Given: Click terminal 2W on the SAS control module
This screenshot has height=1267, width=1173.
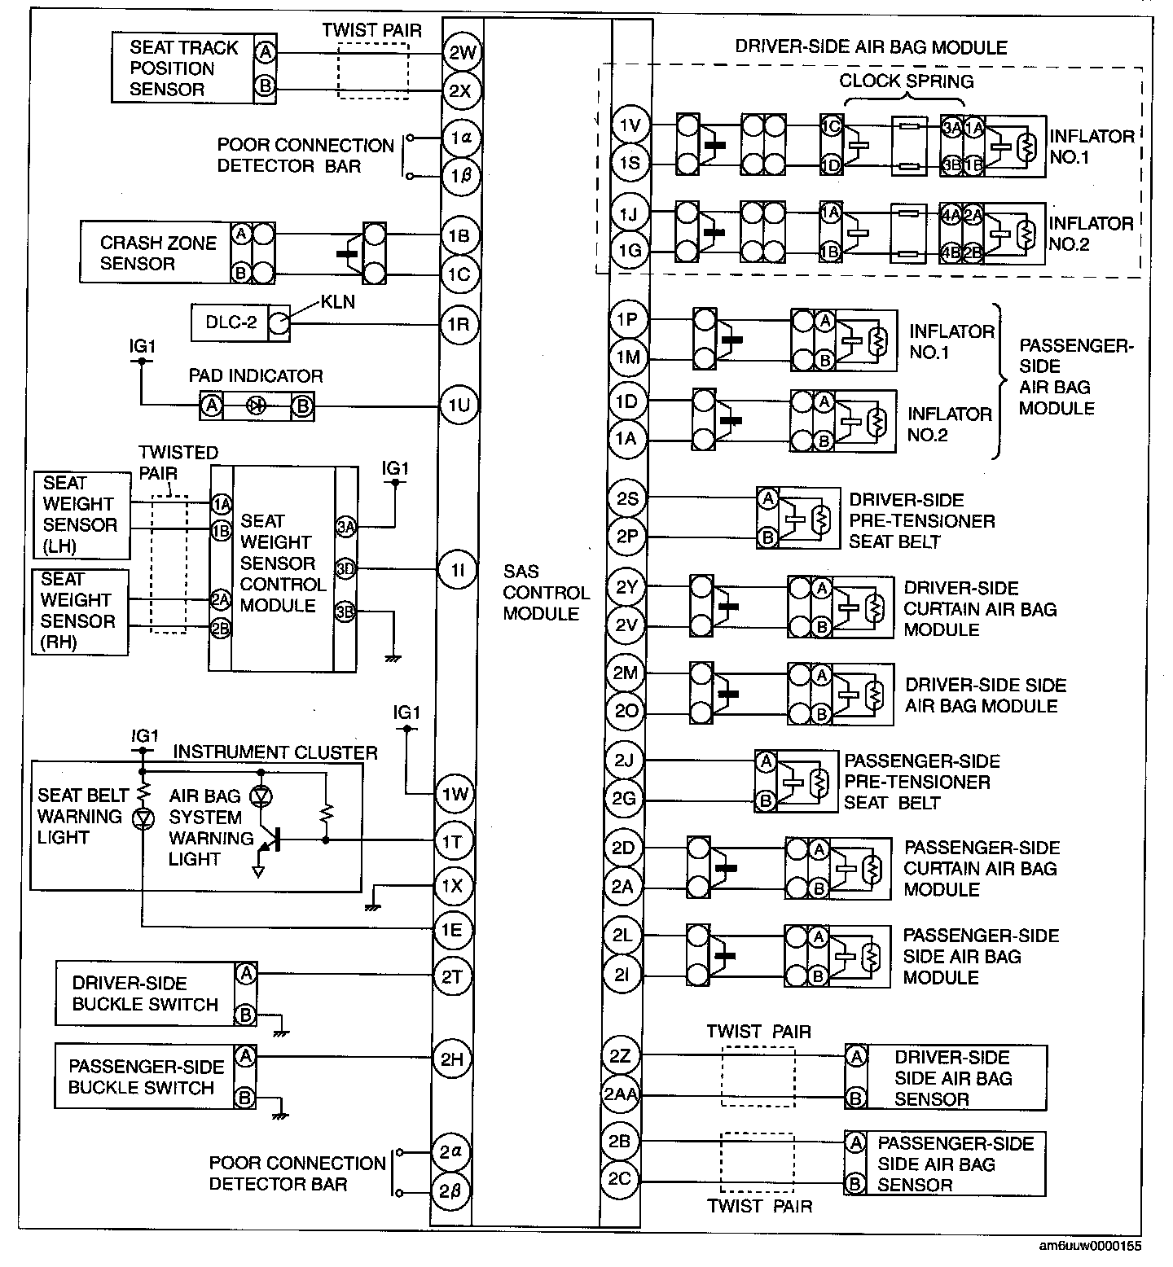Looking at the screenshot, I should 462,53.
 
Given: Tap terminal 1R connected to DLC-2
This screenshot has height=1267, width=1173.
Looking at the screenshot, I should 459,325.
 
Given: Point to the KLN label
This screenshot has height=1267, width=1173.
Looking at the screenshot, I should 337,302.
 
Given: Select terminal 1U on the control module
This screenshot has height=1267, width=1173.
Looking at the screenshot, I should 459,405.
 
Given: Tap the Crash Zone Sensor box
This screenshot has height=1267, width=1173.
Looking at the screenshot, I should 155,253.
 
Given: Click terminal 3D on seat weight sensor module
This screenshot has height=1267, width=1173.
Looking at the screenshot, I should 345,569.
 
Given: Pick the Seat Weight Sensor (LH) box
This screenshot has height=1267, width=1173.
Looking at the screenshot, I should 80,515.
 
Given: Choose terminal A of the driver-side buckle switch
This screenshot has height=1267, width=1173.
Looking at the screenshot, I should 245,973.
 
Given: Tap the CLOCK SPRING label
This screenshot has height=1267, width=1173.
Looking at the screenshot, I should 906,81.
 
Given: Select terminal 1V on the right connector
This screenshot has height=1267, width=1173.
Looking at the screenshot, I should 630,126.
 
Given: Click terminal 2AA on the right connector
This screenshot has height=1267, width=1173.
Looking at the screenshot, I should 621,1095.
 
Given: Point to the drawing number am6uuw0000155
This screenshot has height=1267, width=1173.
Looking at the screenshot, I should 1091,1246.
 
